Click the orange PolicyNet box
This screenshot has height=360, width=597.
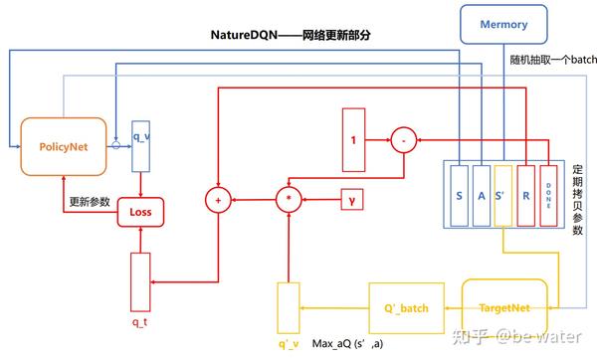[64, 146]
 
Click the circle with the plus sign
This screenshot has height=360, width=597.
[216, 200]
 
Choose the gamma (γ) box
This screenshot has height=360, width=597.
[354, 200]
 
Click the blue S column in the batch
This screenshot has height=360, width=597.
[459, 195]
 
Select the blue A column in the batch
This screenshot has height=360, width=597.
[482, 195]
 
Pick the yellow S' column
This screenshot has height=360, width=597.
[504, 195]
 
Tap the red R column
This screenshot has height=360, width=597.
[527, 195]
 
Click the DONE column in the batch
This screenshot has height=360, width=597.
[548, 195]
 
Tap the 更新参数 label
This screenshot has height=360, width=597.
[90, 201]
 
